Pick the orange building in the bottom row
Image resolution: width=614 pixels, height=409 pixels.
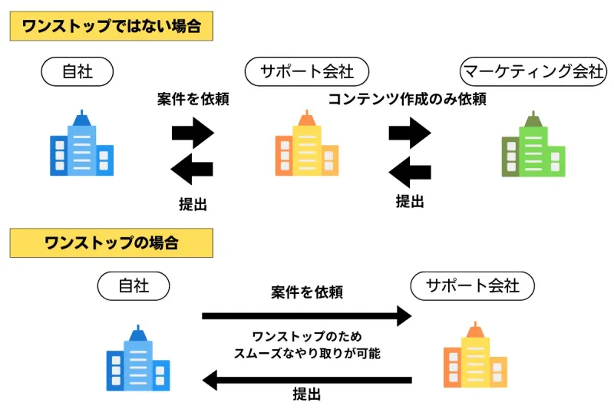(x=474, y=357)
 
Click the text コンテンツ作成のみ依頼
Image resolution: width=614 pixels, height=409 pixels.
(x=407, y=99)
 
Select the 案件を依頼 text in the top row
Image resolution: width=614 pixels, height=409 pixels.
(x=193, y=99)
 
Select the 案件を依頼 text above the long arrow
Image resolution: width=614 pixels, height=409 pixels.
(x=306, y=292)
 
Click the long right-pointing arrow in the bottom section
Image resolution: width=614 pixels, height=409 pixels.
(x=307, y=315)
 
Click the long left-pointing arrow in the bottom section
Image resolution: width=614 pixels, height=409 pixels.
(x=307, y=379)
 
